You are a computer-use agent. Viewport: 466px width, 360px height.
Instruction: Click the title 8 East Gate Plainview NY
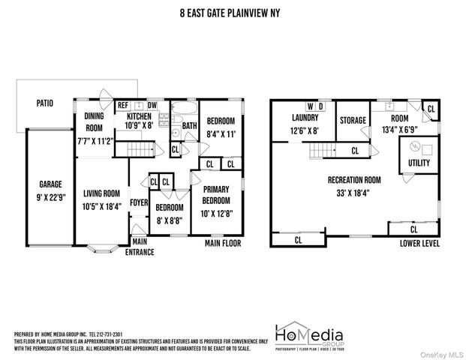[233, 13]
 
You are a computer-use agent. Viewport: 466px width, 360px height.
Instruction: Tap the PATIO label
[44, 103]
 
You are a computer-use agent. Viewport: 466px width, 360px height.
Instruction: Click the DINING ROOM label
[94, 121]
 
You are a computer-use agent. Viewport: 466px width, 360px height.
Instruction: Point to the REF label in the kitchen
[122, 106]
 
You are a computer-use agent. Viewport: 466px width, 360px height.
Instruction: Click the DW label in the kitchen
[152, 106]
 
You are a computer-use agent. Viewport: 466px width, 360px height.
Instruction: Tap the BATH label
[189, 126]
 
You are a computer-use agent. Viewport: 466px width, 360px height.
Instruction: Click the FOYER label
[139, 202]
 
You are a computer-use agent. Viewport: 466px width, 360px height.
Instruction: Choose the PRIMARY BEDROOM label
[217, 196]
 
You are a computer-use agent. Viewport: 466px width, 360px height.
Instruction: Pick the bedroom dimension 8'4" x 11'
[221, 134]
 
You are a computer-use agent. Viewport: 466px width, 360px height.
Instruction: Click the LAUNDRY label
[305, 118]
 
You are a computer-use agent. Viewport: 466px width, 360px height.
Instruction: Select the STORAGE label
[353, 120]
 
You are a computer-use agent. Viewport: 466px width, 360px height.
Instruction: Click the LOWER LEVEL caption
[419, 243]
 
